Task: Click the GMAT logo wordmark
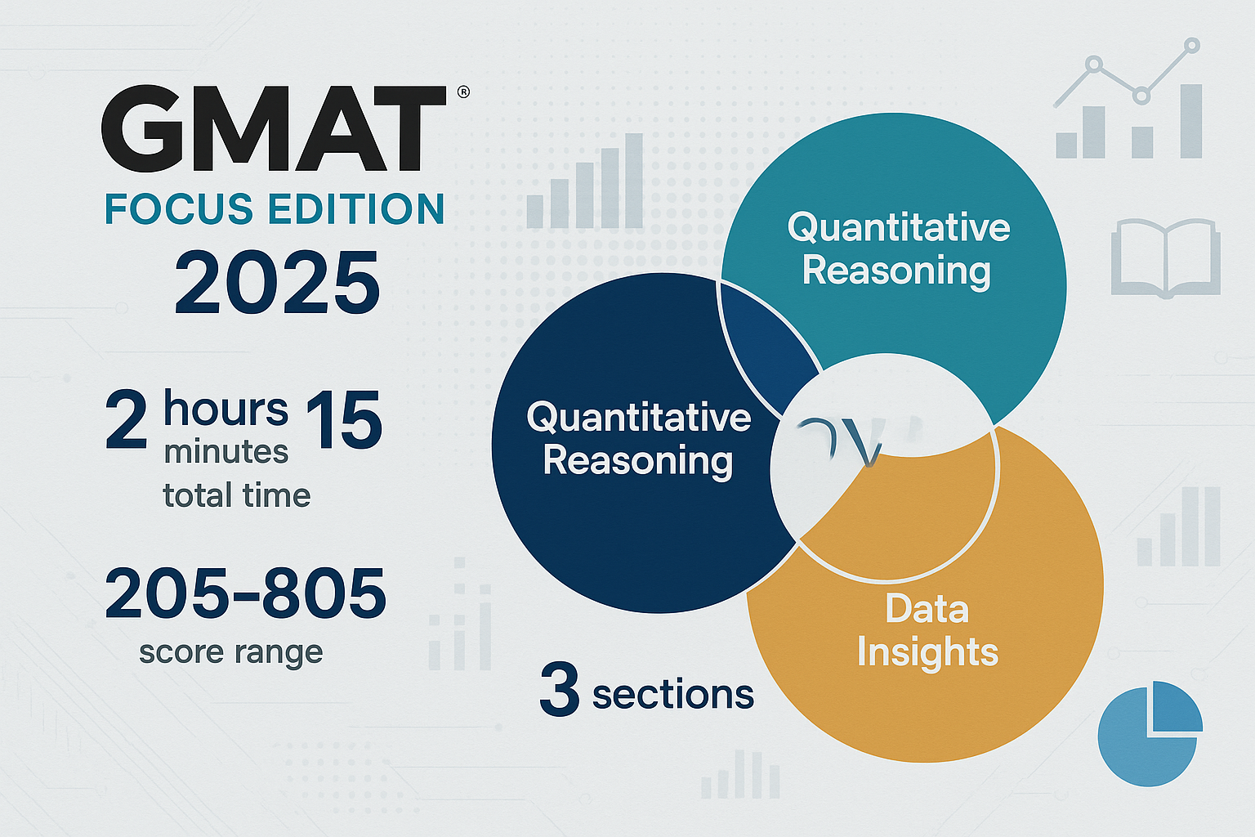[274, 128]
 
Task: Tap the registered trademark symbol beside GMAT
[463, 92]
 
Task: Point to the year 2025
[277, 283]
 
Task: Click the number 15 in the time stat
[344, 420]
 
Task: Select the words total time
[236, 495]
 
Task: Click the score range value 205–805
[245, 593]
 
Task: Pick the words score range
[230, 652]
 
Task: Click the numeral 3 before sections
[559, 691]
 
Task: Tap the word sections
[672, 695]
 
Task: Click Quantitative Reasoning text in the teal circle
[898, 248]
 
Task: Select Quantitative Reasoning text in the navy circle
[638, 439]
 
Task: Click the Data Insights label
[927, 631]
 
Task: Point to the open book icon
[1165, 257]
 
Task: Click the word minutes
[226, 452]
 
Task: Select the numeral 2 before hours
[127, 420]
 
